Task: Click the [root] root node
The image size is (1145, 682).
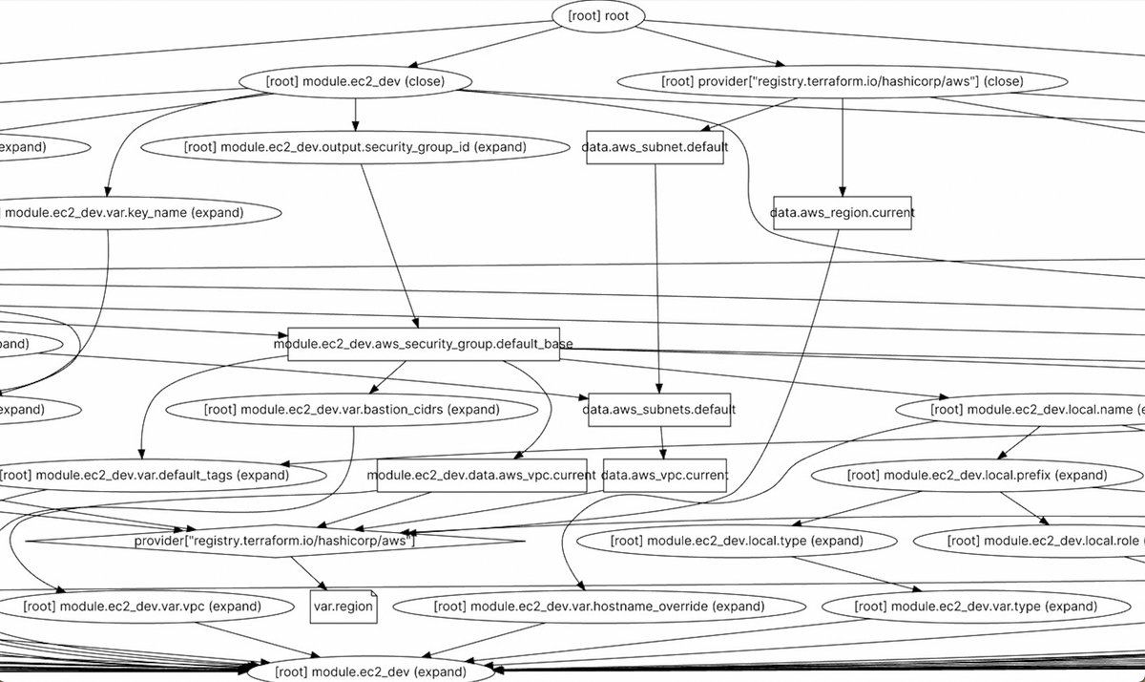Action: [598, 16]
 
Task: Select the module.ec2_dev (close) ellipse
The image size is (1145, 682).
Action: [355, 81]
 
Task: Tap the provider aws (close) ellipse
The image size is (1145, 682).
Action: [842, 81]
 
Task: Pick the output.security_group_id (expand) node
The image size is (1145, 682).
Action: [354, 147]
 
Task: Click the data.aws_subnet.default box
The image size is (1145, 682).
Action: [655, 147]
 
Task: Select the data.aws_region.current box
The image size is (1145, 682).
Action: [842, 212]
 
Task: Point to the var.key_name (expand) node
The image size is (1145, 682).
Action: [124, 212]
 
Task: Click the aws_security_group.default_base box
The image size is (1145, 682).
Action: [424, 344]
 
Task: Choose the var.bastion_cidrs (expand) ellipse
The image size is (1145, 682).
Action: [351, 409]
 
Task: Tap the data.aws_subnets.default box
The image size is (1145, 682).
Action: [659, 409]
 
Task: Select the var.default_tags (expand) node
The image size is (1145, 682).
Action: [143, 475]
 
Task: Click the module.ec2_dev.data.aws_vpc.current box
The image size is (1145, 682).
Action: [481, 475]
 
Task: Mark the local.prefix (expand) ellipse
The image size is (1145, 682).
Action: [977, 475]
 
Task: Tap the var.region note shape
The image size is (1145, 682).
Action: [343, 607]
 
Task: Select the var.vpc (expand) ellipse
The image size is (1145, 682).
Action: [141, 607]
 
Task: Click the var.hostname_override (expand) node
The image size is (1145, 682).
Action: [599, 607]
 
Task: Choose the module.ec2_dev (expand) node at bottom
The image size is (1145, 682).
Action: [371, 671]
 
